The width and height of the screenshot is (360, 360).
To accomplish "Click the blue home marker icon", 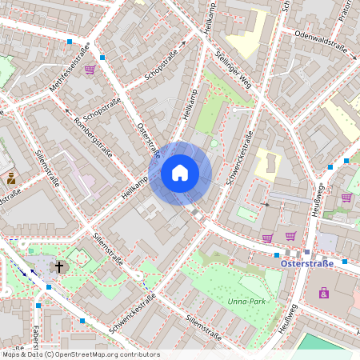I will tap(180, 172).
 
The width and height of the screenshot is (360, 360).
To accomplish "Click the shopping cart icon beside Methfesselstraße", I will tap(90, 70).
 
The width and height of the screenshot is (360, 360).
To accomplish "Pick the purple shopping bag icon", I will tap(324, 293).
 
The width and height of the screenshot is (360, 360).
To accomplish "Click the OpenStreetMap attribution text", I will tap(81, 354).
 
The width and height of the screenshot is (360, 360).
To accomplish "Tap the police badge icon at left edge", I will tap(11, 178).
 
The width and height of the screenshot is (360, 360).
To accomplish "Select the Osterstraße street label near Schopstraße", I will tap(149, 139).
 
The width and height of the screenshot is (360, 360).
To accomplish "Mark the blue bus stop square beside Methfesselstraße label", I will tap(70, 40).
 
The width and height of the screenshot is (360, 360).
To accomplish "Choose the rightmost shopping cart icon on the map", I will tap(346, 198).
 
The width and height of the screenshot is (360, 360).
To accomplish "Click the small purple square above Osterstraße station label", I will tap(307, 251).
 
